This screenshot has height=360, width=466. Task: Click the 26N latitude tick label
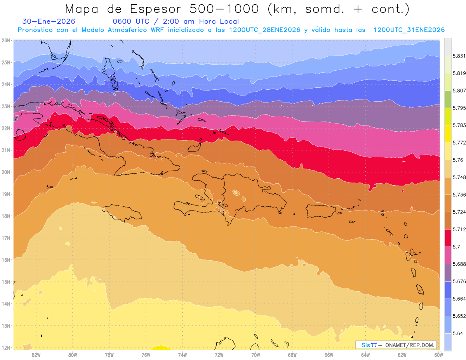(6, 40)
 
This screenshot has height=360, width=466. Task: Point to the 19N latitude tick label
(6, 194)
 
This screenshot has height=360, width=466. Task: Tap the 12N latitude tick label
(6, 348)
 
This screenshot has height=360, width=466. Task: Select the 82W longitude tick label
(36, 355)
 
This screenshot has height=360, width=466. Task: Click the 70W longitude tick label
(256, 355)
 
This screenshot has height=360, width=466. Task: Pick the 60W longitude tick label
(438, 355)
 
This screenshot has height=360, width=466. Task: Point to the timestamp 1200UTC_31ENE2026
(409, 30)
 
